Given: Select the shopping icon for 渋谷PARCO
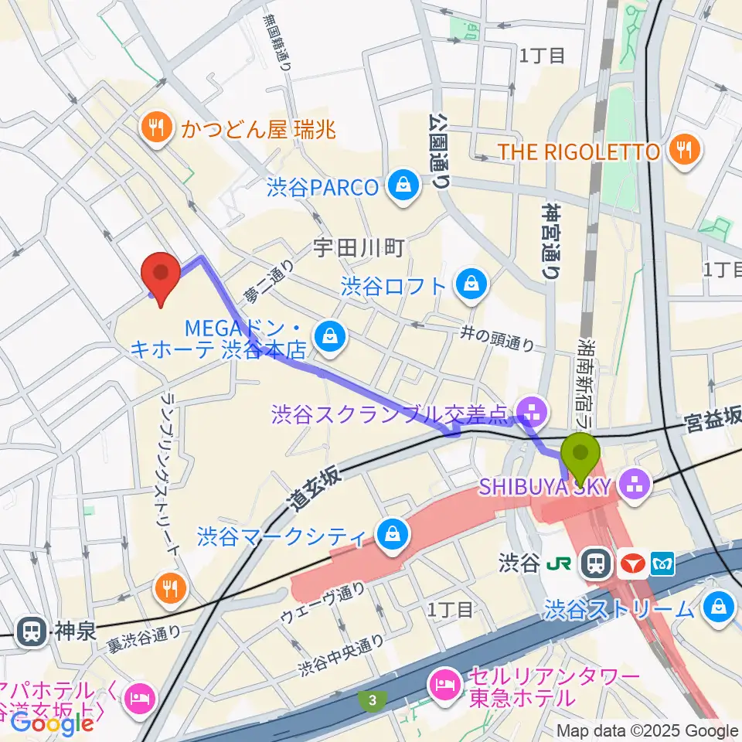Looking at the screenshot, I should point(403,186).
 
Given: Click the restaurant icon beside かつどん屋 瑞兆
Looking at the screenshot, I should point(158,127).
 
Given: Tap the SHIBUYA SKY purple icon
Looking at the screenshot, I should point(638,485).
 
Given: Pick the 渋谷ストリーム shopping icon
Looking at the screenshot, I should point(720,607).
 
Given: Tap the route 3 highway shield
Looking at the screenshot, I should point(373,700).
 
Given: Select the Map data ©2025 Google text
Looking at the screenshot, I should point(648,730).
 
